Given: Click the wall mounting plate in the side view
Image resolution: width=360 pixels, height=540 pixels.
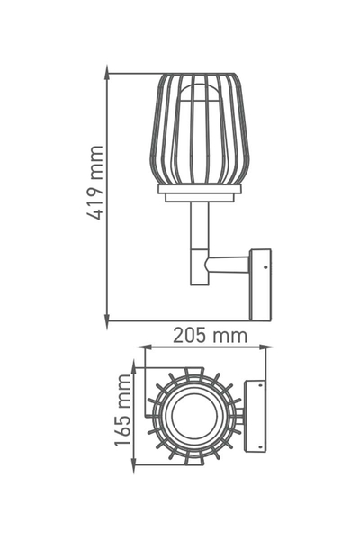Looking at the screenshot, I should [x=260, y=283].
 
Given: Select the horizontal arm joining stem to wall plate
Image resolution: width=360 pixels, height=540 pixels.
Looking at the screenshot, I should [x=227, y=265].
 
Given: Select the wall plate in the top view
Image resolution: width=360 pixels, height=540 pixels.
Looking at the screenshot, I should [x=256, y=415].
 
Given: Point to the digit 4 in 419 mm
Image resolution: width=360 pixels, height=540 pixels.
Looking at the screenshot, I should [x=94, y=215].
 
